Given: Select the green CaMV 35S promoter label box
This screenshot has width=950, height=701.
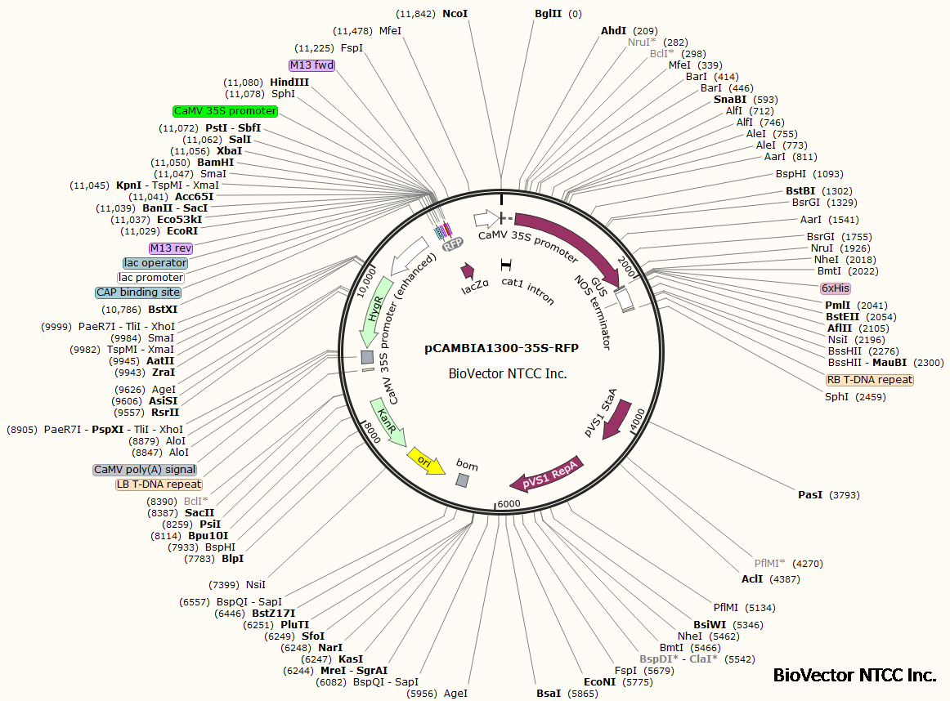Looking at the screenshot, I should pyautogui.click(x=226, y=111).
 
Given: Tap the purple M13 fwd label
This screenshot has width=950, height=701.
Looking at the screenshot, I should pyautogui.click(x=311, y=65).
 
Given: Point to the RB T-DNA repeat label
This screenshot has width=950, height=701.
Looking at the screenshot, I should pyautogui.click(x=869, y=380).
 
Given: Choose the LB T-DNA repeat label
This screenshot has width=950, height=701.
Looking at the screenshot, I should pyautogui.click(x=159, y=484).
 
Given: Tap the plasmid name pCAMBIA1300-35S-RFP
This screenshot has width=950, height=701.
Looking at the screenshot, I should pyautogui.click(x=501, y=348).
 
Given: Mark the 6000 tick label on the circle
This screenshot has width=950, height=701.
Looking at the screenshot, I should pyautogui.click(x=509, y=504).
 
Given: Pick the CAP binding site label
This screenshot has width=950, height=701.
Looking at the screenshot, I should pyautogui.click(x=138, y=292).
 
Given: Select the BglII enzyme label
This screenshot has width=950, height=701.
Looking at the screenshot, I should pyautogui.click(x=548, y=14).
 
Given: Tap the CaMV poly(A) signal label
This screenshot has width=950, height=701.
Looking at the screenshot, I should pyautogui.click(x=145, y=470).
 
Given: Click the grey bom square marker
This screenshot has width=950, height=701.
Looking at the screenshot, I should pyautogui.click(x=463, y=480).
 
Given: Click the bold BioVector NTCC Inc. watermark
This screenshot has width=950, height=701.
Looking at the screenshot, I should pyautogui.click(x=854, y=676).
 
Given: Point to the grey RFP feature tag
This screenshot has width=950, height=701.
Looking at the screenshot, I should pyautogui.click(x=452, y=244).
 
